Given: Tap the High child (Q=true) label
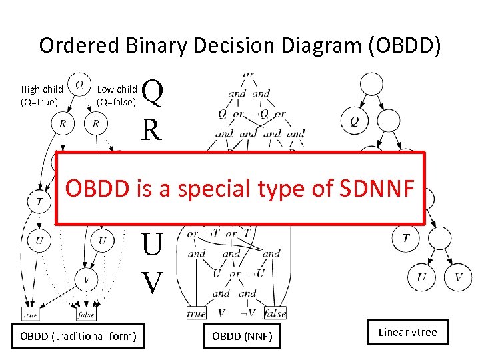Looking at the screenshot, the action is point(42,95).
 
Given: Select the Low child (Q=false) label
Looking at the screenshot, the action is point(117,95).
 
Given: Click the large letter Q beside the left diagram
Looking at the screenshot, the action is point(153,93).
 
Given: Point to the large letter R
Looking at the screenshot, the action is point(151,129).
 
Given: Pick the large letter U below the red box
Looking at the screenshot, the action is point(152,245).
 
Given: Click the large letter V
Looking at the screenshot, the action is point(153,282).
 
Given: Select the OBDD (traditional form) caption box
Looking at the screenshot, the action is point(77,336).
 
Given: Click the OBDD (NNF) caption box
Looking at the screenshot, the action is point(242,336).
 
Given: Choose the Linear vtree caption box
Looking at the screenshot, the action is point(407,332).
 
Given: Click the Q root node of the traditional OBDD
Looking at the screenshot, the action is point(79,84).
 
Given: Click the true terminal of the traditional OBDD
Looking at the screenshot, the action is point(31,314).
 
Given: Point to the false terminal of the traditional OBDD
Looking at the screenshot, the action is point(86,314).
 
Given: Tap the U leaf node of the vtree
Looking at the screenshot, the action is point(422,277).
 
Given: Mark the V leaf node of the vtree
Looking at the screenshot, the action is point(458,277).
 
